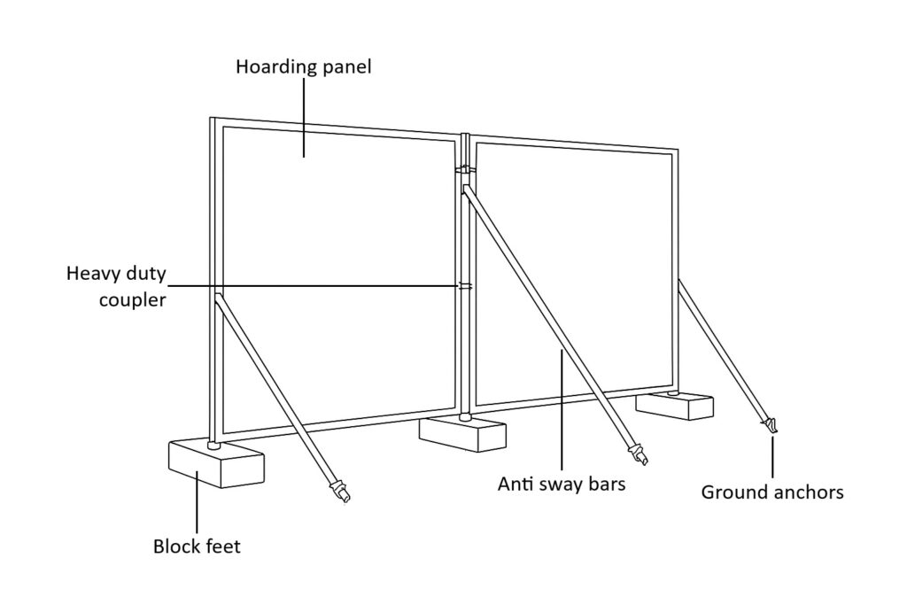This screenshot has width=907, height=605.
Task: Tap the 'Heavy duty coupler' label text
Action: [116, 286]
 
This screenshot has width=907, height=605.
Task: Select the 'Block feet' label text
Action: [197, 546]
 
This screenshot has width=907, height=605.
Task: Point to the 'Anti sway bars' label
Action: [562, 485]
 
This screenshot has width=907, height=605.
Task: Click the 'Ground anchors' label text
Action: [772, 493]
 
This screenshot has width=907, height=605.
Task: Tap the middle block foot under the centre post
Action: [462, 434]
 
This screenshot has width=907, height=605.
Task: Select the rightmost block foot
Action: [675, 406]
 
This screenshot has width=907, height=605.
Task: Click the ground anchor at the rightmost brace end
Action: [771, 426]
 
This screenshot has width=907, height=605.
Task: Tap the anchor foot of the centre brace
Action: [638, 455]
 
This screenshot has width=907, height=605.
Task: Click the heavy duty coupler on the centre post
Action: [465, 286]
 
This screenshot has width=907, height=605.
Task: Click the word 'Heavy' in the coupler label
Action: [93, 272]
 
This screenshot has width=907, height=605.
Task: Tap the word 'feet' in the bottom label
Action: [222, 546]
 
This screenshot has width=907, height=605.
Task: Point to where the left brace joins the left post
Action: [218, 296]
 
